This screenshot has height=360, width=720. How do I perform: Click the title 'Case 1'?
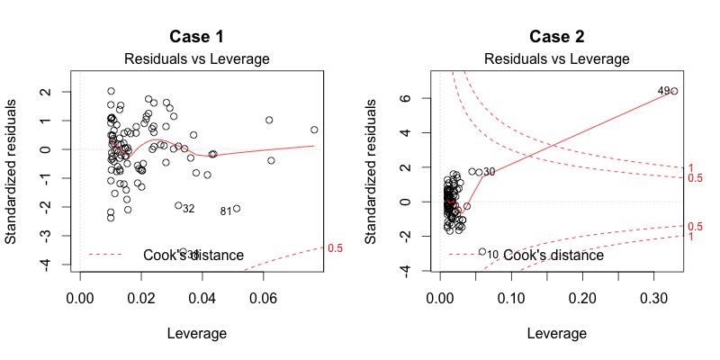[x=197, y=38]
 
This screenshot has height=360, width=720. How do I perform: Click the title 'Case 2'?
[x=557, y=38]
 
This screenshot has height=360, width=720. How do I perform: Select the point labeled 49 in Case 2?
[x=674, y=91]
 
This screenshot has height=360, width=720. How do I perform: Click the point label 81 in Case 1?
[x=226, y=211]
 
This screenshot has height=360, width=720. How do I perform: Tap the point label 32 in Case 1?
[x=189, y=209]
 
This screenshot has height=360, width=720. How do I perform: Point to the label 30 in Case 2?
[x=490, y=172]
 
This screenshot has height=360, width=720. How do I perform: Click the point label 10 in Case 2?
[x=492, y=255]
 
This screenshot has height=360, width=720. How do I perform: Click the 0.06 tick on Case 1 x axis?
[x=264, y=294]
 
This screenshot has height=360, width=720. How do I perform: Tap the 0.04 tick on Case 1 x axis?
[x=202, y=294]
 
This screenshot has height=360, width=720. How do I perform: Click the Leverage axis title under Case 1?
[x=197, y=333]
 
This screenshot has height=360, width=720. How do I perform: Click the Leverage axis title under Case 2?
[x=557, y=333]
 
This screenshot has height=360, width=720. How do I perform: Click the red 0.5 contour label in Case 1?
[x=335, y=247]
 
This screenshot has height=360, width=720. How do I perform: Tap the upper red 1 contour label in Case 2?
[x=691, y=168]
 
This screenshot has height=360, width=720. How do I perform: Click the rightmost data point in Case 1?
[x=314, y=130]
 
